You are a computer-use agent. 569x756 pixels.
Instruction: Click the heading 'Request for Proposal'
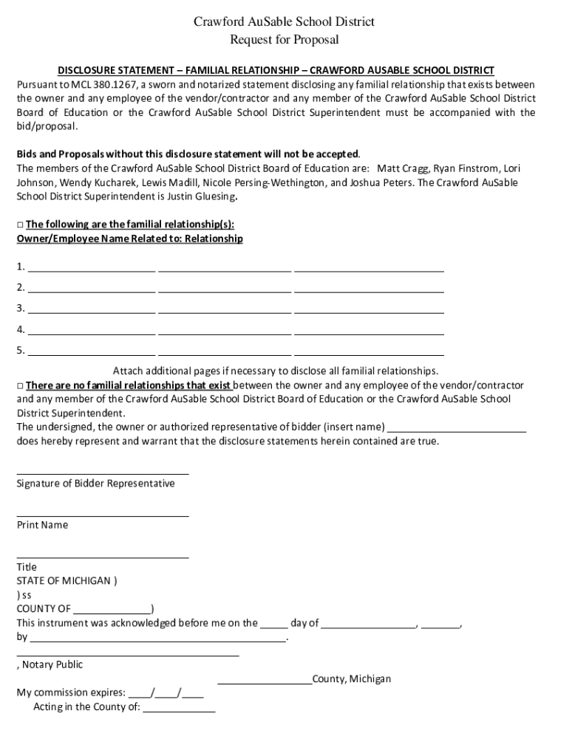284,40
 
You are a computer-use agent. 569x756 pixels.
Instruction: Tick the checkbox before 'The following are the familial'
20,224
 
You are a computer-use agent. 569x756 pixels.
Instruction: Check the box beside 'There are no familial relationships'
20,386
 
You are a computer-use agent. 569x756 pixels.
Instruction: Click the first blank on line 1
92,268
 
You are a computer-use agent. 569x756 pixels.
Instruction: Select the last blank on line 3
369,309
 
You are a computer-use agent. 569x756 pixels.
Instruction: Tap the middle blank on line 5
225,351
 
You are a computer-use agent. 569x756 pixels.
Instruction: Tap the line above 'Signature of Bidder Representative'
103,473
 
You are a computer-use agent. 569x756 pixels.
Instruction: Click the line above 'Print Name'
103,515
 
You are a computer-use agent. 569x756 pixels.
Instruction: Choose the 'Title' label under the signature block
27,567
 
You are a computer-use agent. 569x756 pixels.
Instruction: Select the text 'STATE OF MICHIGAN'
64,580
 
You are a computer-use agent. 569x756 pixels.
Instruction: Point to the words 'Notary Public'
52,664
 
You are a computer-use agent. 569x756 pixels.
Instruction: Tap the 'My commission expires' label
70,693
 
